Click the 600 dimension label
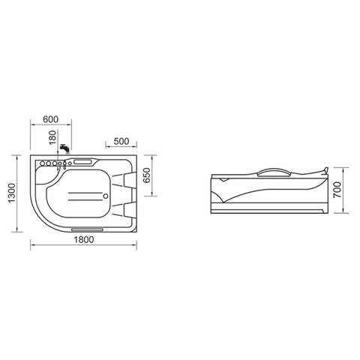click(50, 119)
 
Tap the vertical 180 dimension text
click(52, 137)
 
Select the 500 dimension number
click(121, 141)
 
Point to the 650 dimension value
click(147, 175)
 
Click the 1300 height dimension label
click(11, 193)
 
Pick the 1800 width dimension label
click(84, 240)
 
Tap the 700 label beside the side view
click(337, 190)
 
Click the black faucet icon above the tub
click(64, 148)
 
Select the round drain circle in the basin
click(106, 196)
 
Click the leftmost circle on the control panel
click(43, 163)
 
